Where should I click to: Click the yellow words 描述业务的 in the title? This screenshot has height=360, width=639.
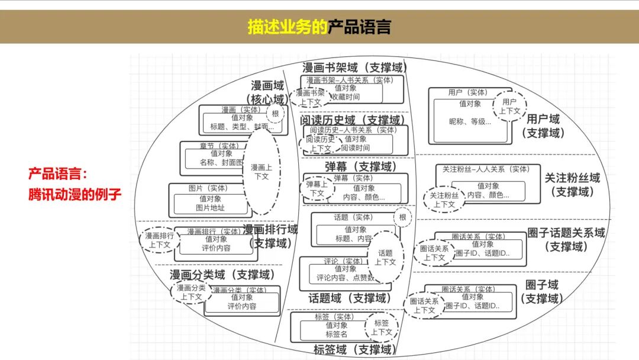(x=287, y=27)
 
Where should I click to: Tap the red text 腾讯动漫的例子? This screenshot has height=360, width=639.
(x=75, y=194)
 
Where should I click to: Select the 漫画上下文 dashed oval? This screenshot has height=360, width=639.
(x=261, y=172)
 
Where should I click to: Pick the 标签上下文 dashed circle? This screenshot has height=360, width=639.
(x=382, y=327)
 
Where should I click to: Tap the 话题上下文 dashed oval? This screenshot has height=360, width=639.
(x=385, y=257)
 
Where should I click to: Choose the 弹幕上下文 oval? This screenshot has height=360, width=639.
(x=317, y=188)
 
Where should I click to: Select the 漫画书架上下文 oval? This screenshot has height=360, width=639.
(x=311, y=97)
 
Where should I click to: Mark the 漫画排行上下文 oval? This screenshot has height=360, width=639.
(x=159, y=240)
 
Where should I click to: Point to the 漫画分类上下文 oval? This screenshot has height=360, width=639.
(x=191, y=292)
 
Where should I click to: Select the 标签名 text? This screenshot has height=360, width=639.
(x=336, y=334)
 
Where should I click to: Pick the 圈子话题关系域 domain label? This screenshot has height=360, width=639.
(x=566, y=233)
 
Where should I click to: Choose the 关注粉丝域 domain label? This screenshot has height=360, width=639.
(x=572, y=178)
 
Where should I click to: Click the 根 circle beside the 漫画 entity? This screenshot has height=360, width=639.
(x=275, y=113)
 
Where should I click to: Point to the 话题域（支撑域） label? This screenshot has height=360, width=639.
(x=350, y=298)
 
